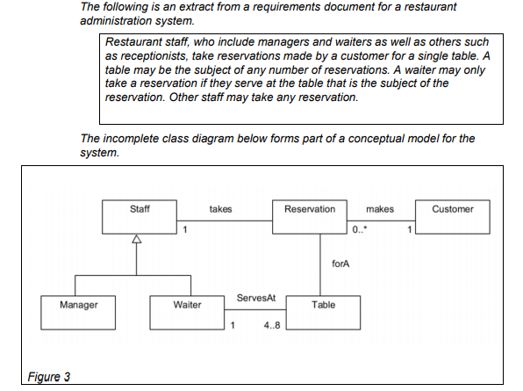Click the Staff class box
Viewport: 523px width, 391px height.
140,217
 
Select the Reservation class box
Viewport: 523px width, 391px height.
310,217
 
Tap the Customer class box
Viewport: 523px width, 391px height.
453,217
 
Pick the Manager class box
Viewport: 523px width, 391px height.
78,313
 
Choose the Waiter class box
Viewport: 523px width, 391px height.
187,313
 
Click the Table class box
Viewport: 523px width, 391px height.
323,313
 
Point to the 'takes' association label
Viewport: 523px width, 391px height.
220,209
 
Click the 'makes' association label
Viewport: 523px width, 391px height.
380,209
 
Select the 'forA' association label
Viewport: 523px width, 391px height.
340,264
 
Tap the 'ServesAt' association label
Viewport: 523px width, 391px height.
256,298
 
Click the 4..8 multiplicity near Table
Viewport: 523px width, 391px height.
272,325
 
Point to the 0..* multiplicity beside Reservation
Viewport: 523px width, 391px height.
360,229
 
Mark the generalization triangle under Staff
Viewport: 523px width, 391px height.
136,239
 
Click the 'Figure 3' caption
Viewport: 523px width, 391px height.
48,377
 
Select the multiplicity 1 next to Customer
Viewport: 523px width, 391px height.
409,229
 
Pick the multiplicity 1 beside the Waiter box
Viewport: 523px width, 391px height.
233,325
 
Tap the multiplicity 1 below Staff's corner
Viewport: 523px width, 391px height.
185,229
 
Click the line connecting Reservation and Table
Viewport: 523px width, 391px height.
320,264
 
